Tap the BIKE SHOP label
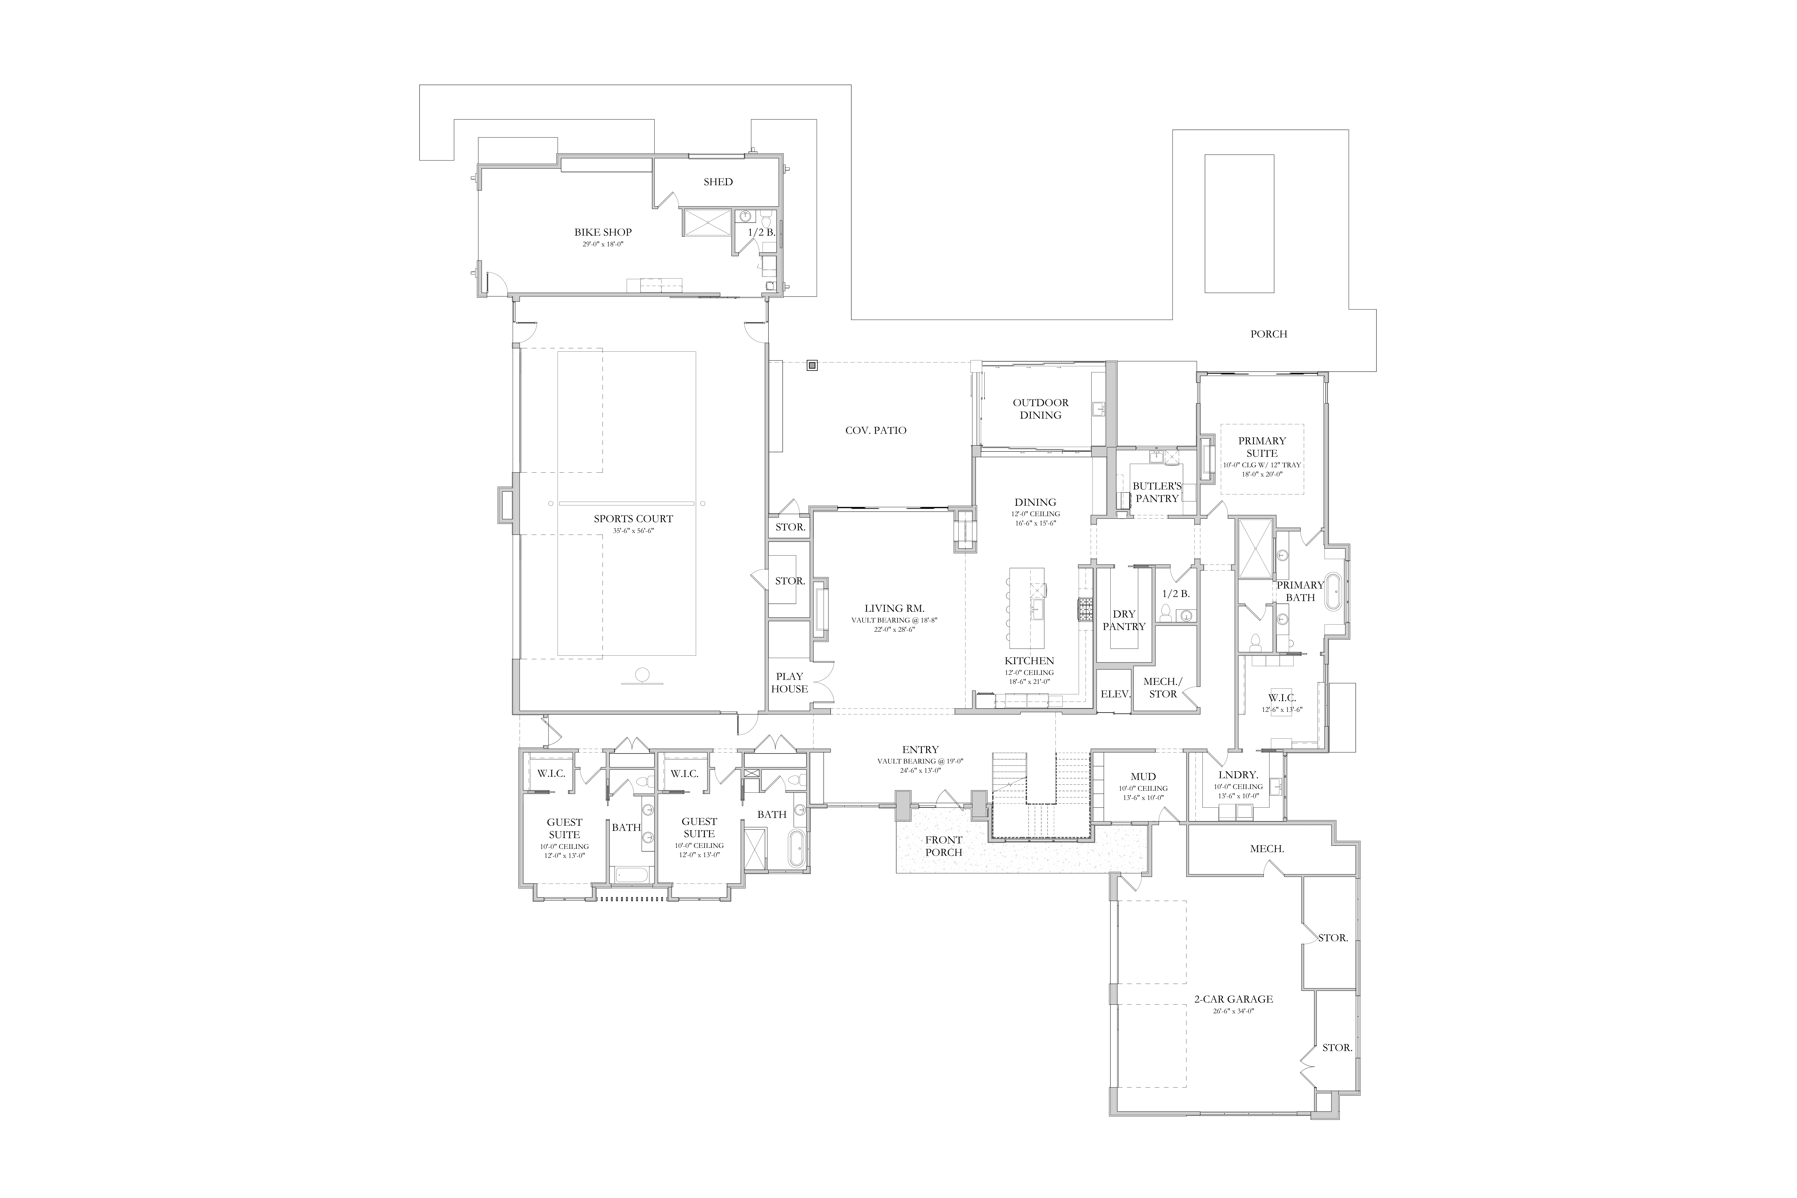click(603, 232)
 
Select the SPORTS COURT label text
click(633, 519)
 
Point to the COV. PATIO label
click(876, 430)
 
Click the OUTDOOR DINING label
click(1041, 409)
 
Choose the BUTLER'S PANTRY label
click(1157, 492)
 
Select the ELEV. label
click(1115, 695)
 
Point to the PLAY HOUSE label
click(789, 682)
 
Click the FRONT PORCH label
click(944, 847)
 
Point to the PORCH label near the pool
click(1268, 334)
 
